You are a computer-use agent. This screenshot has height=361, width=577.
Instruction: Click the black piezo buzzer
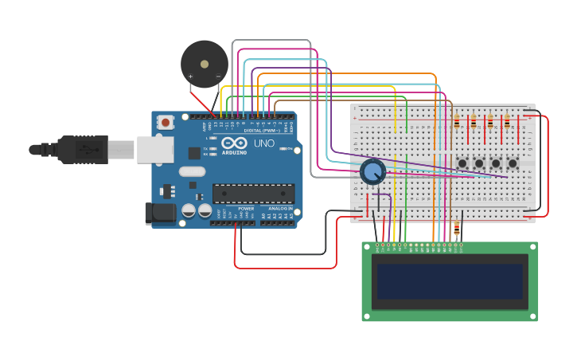coord(204,64)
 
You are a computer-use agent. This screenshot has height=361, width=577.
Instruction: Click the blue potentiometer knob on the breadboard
coord(372,171)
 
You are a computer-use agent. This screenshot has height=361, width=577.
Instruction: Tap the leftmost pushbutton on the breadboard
coord(462,163)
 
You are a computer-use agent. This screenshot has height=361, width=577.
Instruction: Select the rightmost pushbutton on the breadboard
coord(513,163)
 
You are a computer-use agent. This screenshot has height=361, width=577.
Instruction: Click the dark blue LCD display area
coord(450,281)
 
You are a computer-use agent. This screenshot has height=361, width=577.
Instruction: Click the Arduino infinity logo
coord(234,144)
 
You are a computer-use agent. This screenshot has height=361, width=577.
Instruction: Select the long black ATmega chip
coord(253,194)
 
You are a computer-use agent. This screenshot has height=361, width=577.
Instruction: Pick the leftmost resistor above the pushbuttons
coord(456,122)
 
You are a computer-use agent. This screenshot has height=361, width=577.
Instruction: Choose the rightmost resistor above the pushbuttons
coord(506,122)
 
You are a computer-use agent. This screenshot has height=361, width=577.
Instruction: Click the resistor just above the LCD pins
coord(456,230)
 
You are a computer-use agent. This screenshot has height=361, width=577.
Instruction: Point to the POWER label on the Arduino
coord(246,209)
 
